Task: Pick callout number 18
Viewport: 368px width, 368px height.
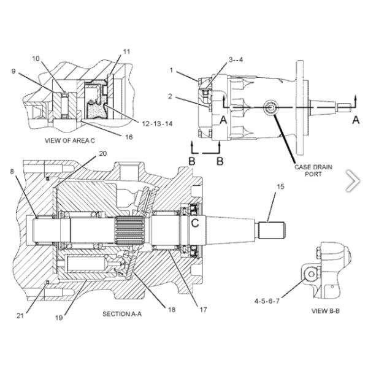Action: pos(171,310)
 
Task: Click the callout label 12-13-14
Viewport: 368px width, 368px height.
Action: pos(157,123)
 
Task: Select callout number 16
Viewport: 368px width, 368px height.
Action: pos(128,137)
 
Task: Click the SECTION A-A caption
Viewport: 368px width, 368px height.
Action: pos(122,314)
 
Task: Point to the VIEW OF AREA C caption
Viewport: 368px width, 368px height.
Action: pos(70,140)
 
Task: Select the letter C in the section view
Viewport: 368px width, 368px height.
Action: pos(194,223)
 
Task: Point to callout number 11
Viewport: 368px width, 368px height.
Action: pos(126,51)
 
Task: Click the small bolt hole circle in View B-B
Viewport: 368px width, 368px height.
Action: pos(313,273)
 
